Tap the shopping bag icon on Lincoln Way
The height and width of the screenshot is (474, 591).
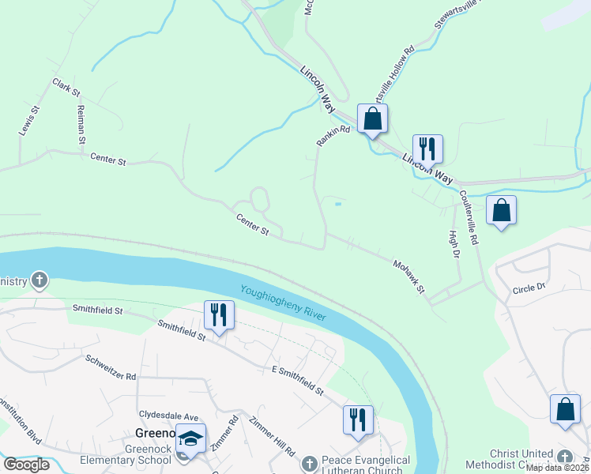click(x=372, y=119)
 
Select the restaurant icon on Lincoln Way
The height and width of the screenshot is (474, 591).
click(x=427, y=149)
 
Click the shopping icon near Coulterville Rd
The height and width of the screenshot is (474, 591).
click(x=501, y=210)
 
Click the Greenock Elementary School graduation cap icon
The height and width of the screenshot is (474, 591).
click(x=190, y=439)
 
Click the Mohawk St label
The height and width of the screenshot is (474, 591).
click(x=409, y=276)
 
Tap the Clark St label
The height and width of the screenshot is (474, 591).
click(x=66, y=88)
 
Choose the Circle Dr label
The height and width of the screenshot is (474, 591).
click(x=529, y=289)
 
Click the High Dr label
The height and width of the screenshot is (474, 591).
click(x=454, y=245)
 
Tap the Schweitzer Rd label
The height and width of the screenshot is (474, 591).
click(x=110, y=366)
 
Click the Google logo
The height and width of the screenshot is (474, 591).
click(x=26, y=464)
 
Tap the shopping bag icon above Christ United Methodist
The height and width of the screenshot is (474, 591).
click(x=565, y=409)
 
